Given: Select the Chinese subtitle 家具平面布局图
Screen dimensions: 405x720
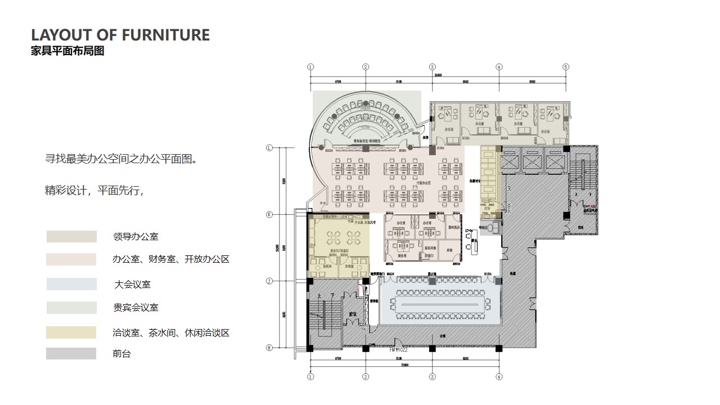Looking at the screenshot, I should (x=67, y=51).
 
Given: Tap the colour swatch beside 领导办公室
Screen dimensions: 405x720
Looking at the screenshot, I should (x=71, y=237).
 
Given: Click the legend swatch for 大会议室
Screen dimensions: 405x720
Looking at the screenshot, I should (x=71, y=284).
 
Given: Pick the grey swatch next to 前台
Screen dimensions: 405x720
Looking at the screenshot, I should (x=71, y=354).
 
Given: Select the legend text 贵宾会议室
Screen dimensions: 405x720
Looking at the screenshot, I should (x=136, y=308).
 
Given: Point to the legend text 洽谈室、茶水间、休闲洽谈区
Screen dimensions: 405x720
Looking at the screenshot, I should (x=171, y=333).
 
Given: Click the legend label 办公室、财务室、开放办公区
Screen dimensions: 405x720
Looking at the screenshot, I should (x=171, y=259).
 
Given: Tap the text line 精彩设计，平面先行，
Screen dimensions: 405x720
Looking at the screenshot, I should (x=94, y=190).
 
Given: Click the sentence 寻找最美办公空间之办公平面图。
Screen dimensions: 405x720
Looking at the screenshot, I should (x=121, y=159).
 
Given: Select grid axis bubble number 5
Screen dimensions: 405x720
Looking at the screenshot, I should (x=566, y=67).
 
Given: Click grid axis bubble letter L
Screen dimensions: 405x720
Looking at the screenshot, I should (x=269, y=148).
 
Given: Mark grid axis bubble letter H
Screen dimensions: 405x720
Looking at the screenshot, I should (x=269, y=348).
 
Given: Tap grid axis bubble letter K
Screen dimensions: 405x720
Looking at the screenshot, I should (x=269, y=214).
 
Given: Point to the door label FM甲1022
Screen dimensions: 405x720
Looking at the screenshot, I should (x=398, y=349).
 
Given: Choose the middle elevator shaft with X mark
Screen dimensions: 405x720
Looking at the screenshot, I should (x=532, y=161).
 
